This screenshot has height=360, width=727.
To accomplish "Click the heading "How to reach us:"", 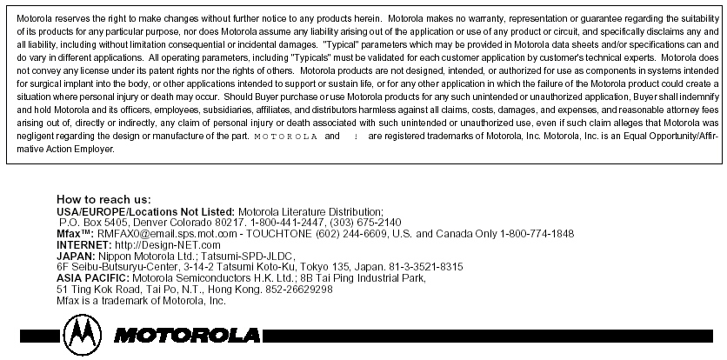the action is click(x=103, y=200).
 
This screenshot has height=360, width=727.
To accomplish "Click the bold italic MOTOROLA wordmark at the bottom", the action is click(x=186, y=335).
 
